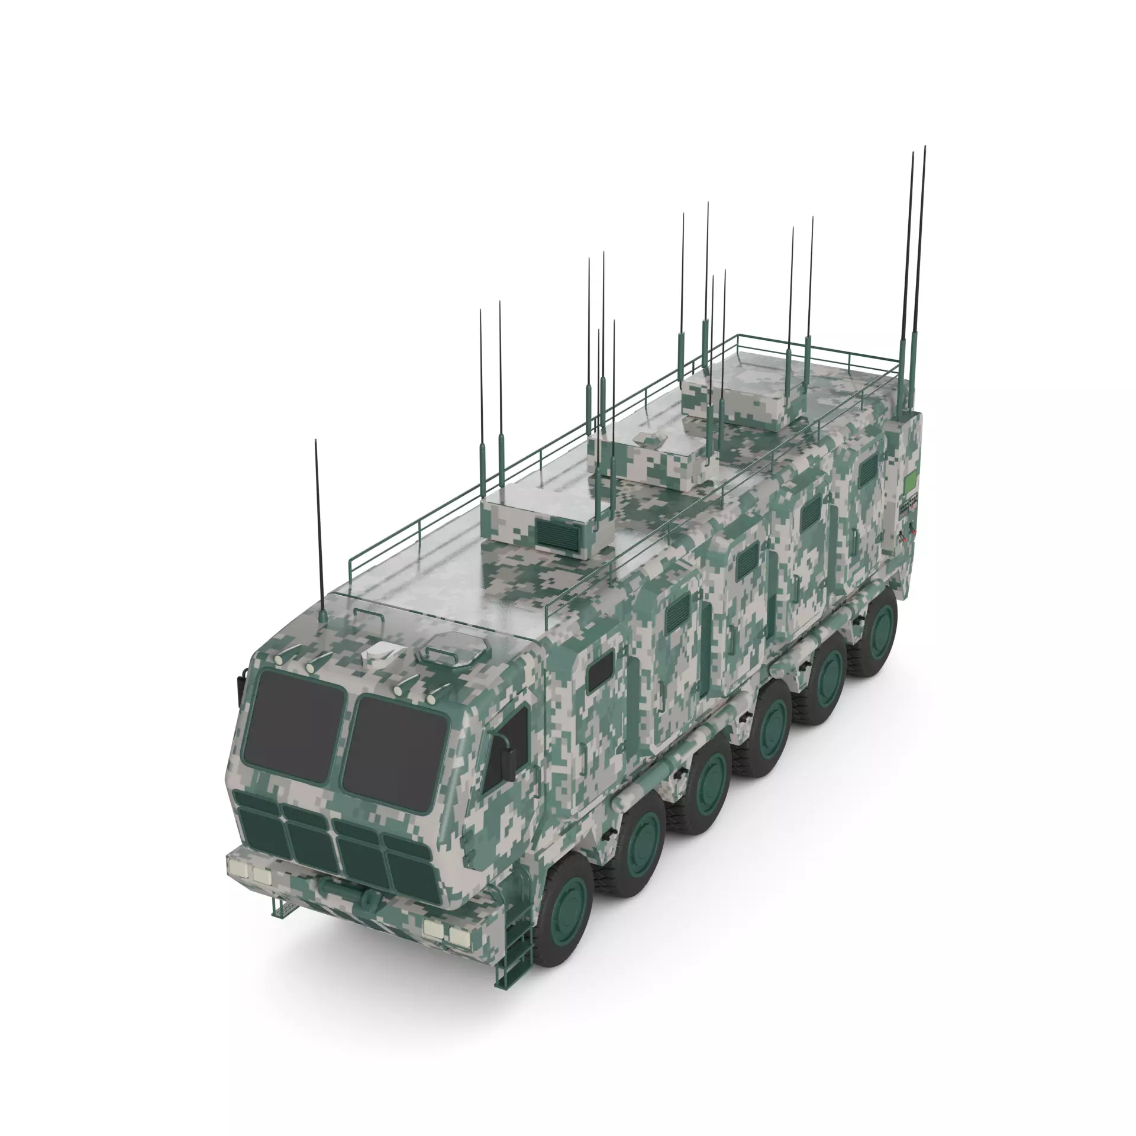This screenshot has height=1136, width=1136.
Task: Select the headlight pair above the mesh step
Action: click(249, 871)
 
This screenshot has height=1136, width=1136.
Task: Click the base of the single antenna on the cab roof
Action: click(322, 618)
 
